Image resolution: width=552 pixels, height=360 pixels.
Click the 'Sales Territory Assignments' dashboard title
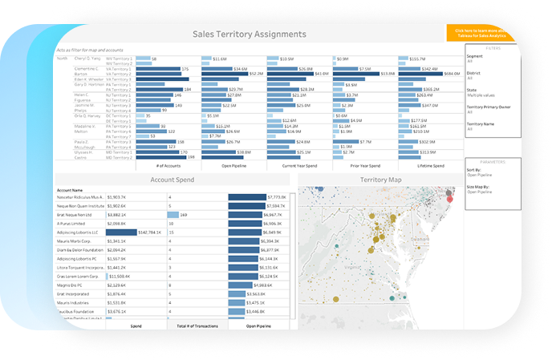[250, 34]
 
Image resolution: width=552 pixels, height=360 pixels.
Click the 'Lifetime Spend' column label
[428, 166]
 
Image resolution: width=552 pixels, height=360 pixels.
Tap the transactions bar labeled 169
[172, 215]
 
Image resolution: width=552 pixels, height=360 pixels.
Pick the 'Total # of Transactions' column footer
[193, 326]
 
